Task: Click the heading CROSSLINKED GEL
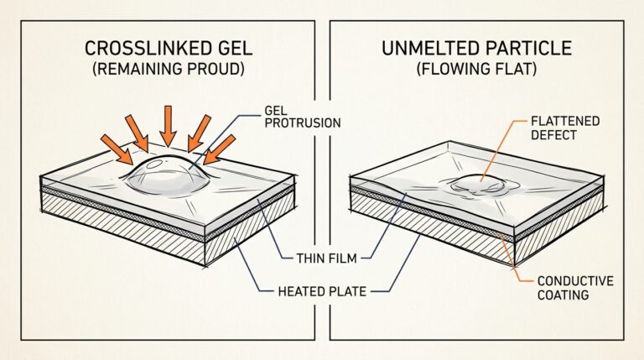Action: click(169, 49)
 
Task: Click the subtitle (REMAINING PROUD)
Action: click(169, 69)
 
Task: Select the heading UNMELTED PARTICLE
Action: click(477, 49)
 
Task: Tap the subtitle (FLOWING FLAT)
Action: click(477, 69)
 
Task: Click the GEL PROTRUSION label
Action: click(302, 117)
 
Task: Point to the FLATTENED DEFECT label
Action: click(565, 128)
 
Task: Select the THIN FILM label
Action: click(326, 258)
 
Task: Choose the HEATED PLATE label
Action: click(322, 291)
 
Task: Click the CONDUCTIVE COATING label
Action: click(575, 288)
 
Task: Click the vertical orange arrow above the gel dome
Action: click(168, 125)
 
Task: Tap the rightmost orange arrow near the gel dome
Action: click(220, 149)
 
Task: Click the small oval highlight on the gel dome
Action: click(155, 164)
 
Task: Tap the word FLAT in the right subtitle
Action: click(517, 69)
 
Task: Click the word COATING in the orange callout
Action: click(563, 295)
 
